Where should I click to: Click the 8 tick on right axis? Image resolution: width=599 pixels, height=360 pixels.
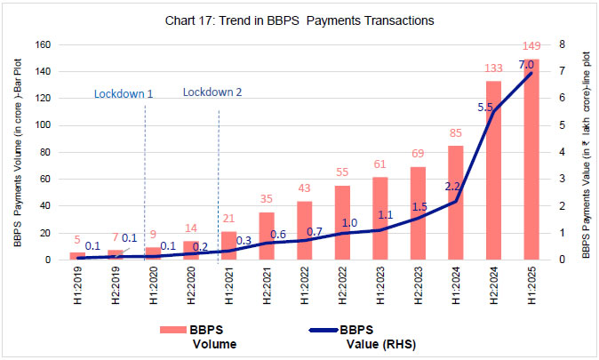[x=561, y=44]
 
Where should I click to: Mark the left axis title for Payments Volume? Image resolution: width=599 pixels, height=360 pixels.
[x=18, y=152]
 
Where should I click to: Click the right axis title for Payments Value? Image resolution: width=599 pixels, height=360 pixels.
[x=587, y=152]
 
